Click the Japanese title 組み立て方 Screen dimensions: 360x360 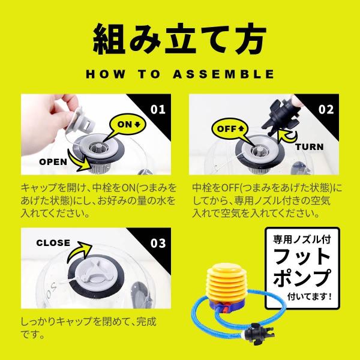(180, 39)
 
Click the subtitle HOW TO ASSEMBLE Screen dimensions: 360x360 (180, 74)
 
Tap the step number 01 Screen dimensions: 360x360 (158, 109)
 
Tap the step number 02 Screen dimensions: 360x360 (326, 109)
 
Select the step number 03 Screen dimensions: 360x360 (158, 243)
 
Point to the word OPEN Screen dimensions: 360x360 (53, 162)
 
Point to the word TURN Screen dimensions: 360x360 (309, 147)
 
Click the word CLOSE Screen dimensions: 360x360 (53, 243)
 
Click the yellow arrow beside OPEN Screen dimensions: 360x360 (79, 161)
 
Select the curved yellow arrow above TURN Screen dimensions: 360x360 (287, 137)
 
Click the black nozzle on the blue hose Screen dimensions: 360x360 (259, 334)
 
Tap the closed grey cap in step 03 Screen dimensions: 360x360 (95, 272)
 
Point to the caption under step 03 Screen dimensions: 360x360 (88, 328)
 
